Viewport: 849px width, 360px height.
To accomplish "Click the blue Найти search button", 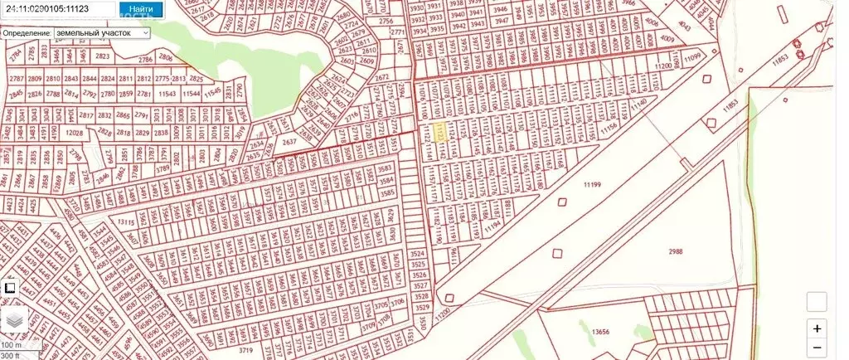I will pos(136,10).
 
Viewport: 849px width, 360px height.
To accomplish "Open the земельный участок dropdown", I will pos(101,32).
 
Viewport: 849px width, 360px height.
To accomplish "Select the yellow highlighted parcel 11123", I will pos(441,133).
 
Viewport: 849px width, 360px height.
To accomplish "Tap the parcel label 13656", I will pos(601,332).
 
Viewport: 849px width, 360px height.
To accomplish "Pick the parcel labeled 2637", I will pos(289,142).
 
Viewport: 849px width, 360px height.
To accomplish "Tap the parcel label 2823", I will pos(103,56).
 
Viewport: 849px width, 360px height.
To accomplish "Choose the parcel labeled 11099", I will pos(693,55).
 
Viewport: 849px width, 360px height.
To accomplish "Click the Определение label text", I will pos(27,32).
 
